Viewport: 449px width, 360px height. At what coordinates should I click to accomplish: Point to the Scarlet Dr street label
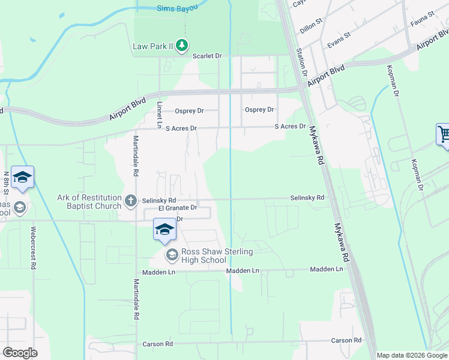207,56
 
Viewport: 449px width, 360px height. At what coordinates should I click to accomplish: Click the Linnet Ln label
160,113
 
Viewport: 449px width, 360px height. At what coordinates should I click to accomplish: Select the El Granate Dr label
178,208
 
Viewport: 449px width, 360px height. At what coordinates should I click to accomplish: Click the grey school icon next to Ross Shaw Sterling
172,256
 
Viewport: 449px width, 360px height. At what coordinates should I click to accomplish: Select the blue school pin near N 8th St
22,177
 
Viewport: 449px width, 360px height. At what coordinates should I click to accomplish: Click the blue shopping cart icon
443,134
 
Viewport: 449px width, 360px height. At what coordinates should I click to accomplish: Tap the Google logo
20,353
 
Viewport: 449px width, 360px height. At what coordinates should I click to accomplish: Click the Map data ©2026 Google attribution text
412,355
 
